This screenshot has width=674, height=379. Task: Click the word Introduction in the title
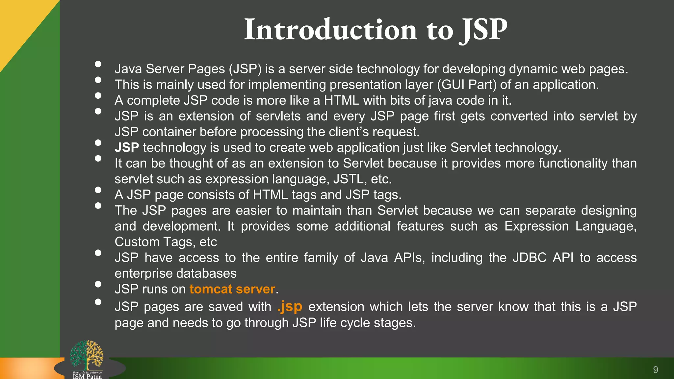tap(330, 30)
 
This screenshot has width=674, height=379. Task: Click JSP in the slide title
tap(483, 30)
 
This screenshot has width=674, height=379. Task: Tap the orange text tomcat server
tap(232, 289)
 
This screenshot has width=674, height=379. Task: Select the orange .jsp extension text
tap(290, 306)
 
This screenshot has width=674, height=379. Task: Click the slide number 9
tap(655, 370)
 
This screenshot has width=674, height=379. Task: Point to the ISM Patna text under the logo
tap(87, 376)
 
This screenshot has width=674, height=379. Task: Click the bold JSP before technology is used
tap(127, 148)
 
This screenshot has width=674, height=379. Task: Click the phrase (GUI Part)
tap(467, 85)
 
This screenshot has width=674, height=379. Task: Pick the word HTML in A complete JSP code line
tap(341, 101)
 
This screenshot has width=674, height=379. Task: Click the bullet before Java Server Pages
tap(98, 64)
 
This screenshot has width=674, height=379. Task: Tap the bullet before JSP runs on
tap(98, 284)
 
